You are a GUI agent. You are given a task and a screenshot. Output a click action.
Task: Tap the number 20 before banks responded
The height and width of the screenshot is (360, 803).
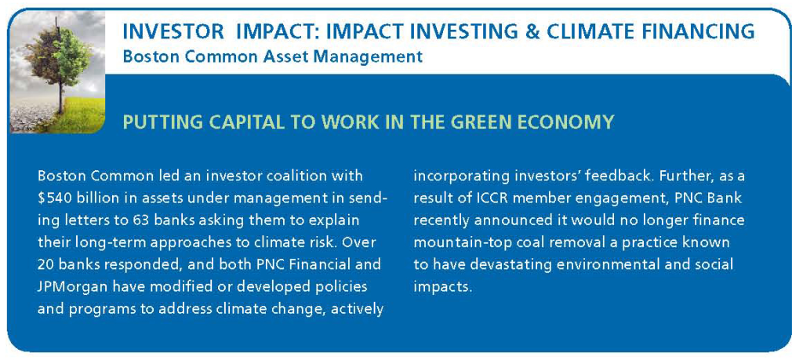[45, 265]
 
